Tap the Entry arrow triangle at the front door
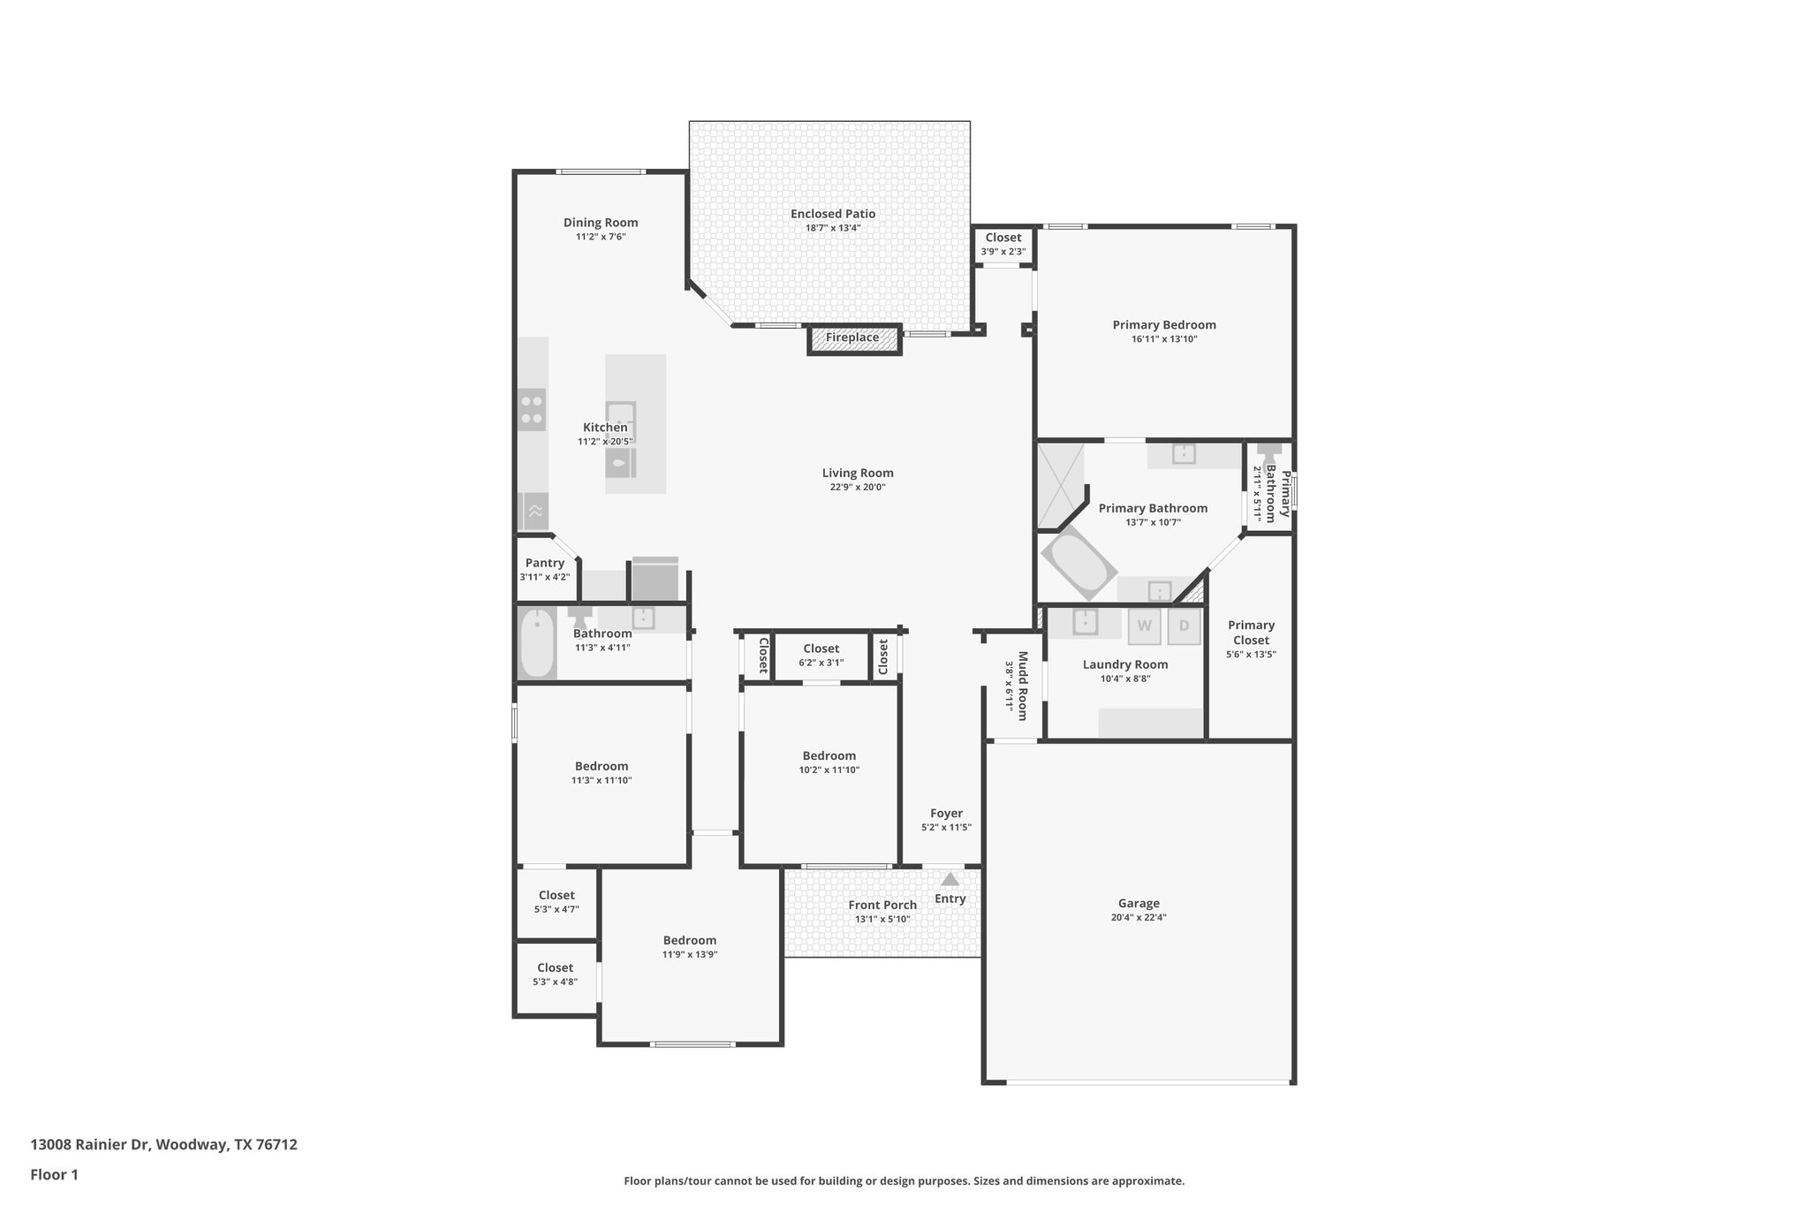pos(950,880)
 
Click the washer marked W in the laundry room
pos(1144,626)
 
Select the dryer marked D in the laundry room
pos(1184,626)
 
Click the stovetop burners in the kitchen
pos(532,409)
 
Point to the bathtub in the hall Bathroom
pos(537,643)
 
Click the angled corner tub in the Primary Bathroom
pos(1078,565)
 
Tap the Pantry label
pos(545,564)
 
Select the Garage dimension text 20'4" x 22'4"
pos(1139,918)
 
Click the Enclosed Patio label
pos(833,214)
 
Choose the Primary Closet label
pos(1251,633)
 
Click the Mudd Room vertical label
pos(1022,686)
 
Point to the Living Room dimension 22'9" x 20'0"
pos(857,488)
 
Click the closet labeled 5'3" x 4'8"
pos(556,975)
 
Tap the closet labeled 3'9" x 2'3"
pos(1003,244)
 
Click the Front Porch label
pos(882,906)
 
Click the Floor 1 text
pos(55,1175)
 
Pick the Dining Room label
pos(601,224)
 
